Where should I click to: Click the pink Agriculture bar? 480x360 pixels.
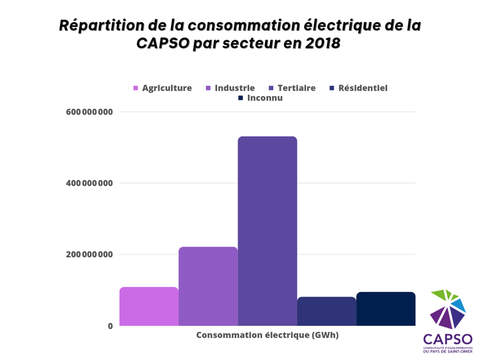149,307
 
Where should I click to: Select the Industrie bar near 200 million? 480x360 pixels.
208,286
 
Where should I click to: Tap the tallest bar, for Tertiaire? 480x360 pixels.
267,231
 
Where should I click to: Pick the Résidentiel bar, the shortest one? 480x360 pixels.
326,311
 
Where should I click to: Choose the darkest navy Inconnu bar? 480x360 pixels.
386,309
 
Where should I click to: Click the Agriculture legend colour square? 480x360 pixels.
136,88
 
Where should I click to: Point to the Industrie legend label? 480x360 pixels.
235,88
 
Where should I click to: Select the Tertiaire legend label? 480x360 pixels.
296,88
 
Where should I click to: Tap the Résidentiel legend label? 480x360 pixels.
363,88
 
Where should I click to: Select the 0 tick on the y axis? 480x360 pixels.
110,326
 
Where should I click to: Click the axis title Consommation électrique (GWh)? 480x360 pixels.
268,335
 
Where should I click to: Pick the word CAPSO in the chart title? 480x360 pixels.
164,44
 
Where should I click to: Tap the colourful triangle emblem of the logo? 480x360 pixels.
448,310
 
